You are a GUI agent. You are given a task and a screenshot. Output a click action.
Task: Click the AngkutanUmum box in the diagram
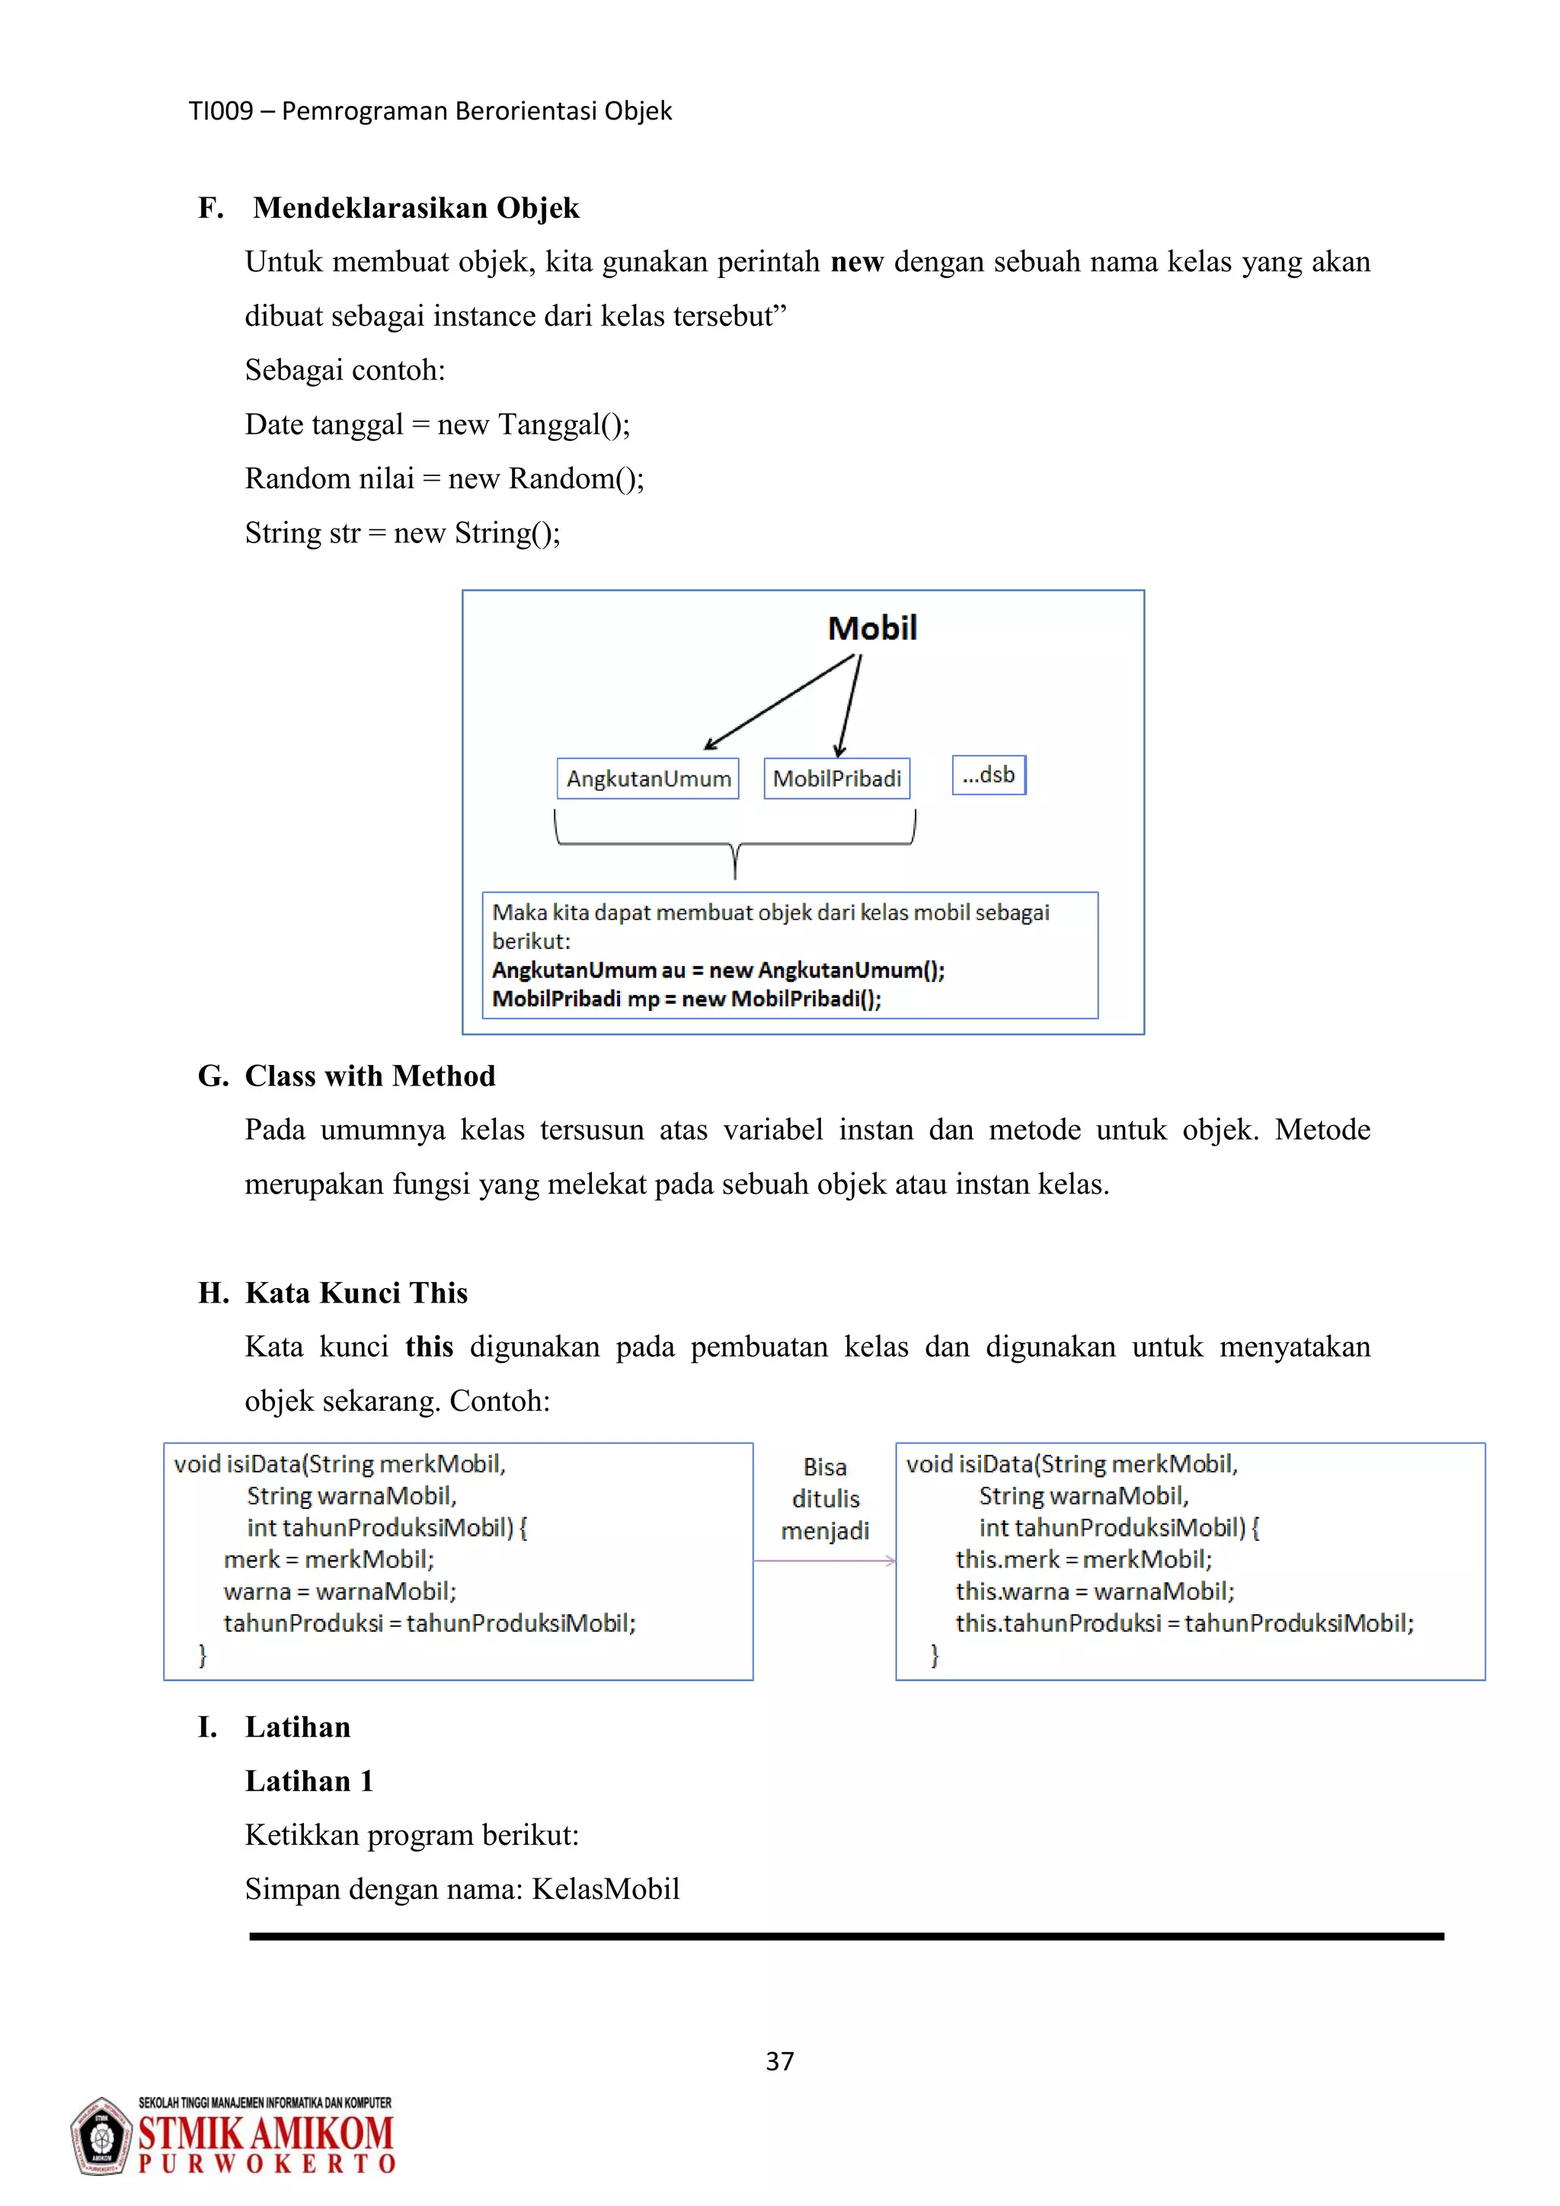(647, 778)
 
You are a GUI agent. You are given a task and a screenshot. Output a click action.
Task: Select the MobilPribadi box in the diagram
(836, 778)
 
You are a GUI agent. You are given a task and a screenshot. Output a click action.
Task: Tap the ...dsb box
(989, 775)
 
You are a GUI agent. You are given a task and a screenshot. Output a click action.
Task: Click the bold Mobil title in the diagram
(872, 628)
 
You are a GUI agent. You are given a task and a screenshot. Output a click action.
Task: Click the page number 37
(779, 2061)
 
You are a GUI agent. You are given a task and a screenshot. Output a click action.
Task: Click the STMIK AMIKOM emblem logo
(100, 2137)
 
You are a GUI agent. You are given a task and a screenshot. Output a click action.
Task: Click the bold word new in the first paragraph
(856, 261)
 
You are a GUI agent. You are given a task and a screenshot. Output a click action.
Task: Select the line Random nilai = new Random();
(444, 478)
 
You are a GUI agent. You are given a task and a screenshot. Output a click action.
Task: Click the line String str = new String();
(401, 532)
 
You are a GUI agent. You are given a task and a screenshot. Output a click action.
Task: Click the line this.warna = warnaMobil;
(1094, 1591)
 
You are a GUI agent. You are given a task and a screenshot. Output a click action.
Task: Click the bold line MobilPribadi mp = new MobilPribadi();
(686, 999)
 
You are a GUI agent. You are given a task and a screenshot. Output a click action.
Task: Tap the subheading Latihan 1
(308, 1780)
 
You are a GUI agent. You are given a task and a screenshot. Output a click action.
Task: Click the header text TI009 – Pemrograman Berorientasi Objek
(430, 111)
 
